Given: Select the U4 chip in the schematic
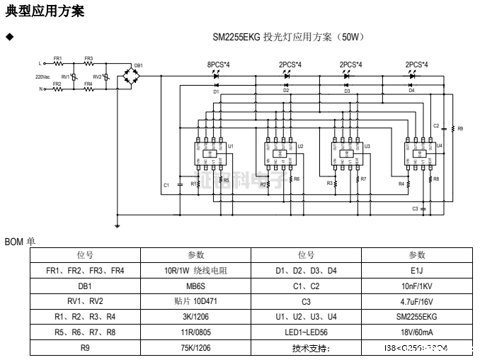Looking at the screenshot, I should click(418, 153).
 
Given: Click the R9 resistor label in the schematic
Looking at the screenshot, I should click(460, 129).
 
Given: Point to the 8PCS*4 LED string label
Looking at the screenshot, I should click(218, 64).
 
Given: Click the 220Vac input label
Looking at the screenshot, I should click(42, 76).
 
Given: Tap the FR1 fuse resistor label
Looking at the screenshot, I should click(57, 58).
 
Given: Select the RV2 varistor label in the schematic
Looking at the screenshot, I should click(97, 76).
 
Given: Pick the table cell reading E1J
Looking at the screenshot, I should click(416, 270).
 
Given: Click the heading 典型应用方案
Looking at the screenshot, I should click(45, 11).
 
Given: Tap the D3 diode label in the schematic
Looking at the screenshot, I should click(347, 91).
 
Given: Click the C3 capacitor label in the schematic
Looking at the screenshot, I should click(416, 209).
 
